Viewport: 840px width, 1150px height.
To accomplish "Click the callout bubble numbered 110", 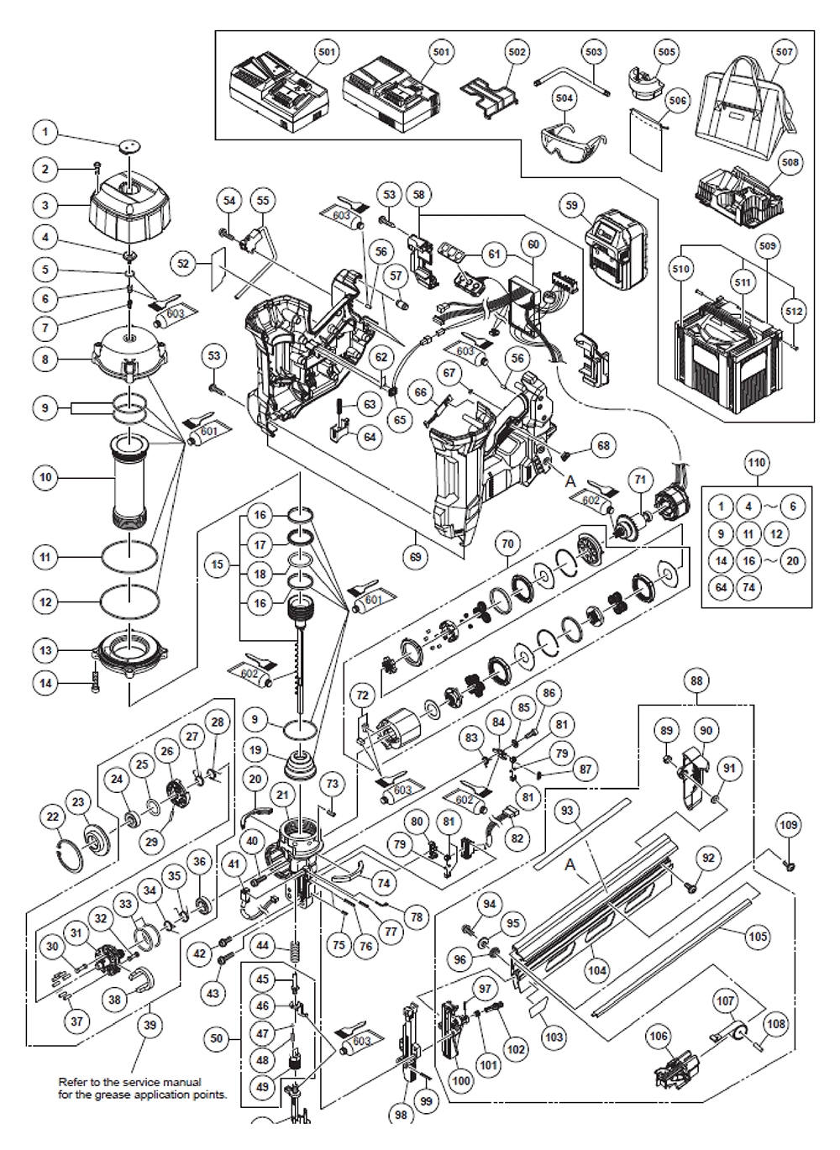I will tap(757, 463).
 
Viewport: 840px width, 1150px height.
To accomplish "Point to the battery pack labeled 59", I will tap(620, 249).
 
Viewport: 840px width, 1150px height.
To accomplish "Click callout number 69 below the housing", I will tap(416, 556).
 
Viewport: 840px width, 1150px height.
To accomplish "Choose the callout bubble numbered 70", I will tap(507, 543).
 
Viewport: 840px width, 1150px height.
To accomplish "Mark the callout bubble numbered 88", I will tap(696, 680).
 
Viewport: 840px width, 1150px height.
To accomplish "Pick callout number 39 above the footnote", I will tap(150, 1025).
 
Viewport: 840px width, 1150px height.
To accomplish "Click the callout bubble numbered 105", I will tap(758, 936).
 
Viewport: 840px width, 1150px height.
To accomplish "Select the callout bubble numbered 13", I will tap(45, 650).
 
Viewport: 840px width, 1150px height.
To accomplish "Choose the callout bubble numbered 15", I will tap(218, 564).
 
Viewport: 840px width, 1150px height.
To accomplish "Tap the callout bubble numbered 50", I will tap(217, 1038).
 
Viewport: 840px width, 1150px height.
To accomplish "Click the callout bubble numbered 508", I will tap(790, 162).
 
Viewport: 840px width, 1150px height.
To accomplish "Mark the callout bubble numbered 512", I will tap(794, 311).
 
